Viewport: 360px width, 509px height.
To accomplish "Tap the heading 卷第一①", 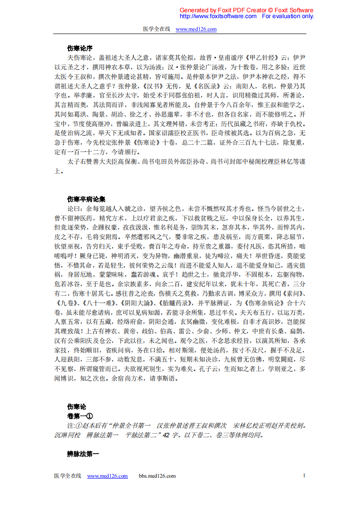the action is pyautogui.click(x=80, y=416).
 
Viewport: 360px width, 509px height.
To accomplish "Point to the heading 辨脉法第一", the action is pyautogui.click(x=83, y=453).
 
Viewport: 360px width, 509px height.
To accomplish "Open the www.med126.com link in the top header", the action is pyautogui.click(x=196, y=29).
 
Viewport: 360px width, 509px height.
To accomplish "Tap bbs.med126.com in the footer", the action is pyautogui.click(x=157, y=476).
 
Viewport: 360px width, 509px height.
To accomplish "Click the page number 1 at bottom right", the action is pyautogui.click(x=304, y=475).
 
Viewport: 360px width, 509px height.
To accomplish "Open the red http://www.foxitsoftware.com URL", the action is pyautogui.click(x=218, y=16).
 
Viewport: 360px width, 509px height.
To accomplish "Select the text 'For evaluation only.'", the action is pyautogui.click(x=288, y=16).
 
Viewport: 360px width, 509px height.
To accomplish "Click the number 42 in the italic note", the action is pyautogui.click(x=166, y=435).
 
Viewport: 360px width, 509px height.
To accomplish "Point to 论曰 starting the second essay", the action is pyautogui.click(x=74, y=209).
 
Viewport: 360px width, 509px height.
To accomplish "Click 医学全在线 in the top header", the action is pyautogui.click(x=156, y=29).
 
